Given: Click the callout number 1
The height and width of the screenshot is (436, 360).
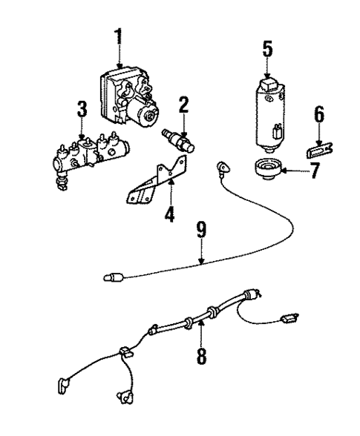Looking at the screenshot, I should point(117,36).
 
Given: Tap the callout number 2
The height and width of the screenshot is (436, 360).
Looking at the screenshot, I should point(183,105).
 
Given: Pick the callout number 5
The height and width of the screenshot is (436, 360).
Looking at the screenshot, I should point(267,50).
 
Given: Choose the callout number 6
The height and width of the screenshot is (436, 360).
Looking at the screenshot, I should point(319,113).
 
